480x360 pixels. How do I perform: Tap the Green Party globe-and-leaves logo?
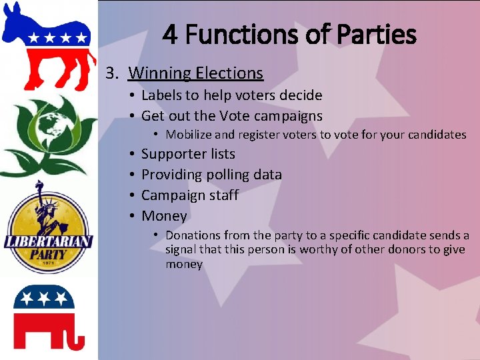tap(48, 133)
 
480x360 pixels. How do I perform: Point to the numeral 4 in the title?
tap(170, 35)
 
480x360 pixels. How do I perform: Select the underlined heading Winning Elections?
tap(195, 73)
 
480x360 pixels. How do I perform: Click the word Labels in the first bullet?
tap(163, 95)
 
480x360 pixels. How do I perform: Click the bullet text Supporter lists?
tap(188, 154)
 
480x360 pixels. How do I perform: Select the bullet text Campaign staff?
tap(189, 195)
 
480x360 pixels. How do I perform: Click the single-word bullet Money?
tap(164, 216)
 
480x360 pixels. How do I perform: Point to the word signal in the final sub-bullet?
tap(183, 250)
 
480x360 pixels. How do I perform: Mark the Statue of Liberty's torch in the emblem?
tap(39, 185)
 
